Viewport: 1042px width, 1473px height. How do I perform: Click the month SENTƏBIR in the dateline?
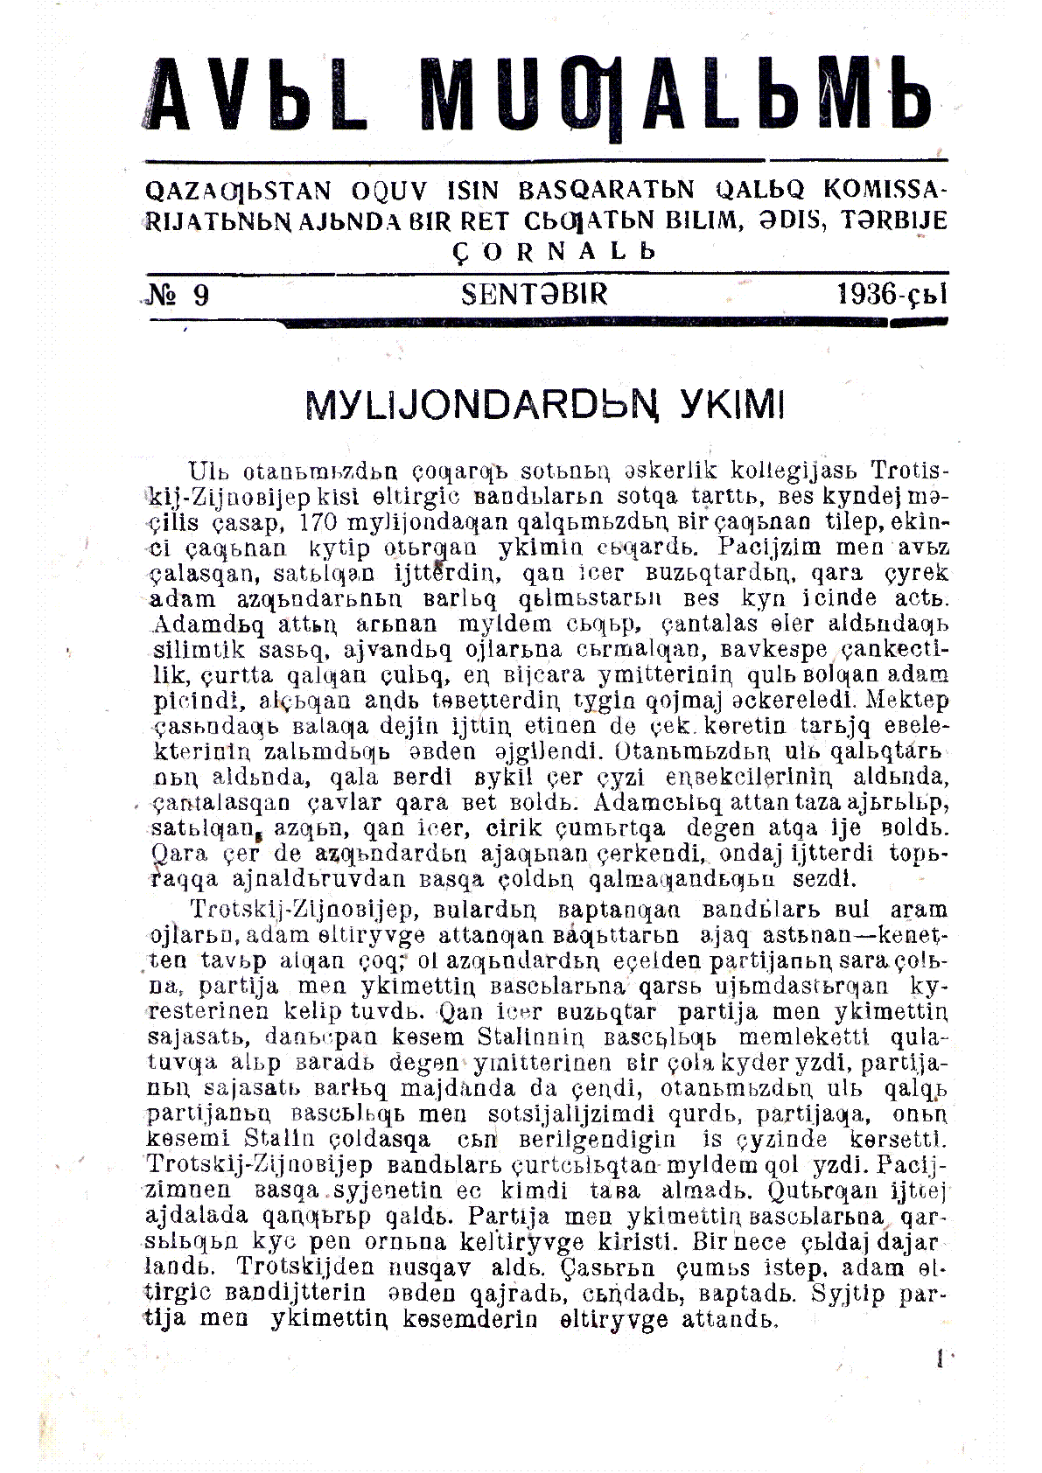(x=534, y=294)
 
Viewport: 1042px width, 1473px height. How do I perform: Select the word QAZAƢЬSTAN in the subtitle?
(x=240, y=190)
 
